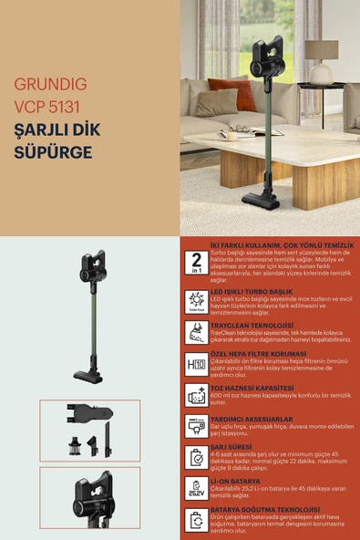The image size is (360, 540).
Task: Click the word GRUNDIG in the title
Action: [50, 85]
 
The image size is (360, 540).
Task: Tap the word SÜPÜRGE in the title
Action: [53, 151]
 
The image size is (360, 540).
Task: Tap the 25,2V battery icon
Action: [196, 488]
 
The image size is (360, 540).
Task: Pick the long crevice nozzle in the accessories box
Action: [107, 437]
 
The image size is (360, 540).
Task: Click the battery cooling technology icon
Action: [196, 520]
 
